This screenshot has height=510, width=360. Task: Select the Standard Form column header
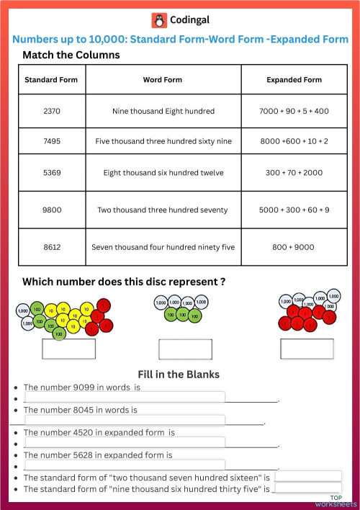click(x=51, y=80)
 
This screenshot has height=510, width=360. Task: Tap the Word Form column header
click(x=163, y=80)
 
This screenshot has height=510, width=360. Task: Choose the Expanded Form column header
click(x=294, y=80)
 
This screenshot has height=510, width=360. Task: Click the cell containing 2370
click(x=51, y=111)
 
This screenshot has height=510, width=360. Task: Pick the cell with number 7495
click(x=51, y=141)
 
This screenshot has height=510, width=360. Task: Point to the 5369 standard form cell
click(x=51, y=173)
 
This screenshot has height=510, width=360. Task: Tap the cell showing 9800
click(x=51, y=210)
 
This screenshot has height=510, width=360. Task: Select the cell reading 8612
click(x=51, y=247)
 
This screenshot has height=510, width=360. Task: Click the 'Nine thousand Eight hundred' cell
click(x=163, y=111)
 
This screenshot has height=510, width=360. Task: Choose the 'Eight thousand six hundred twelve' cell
click(x=163, y=173)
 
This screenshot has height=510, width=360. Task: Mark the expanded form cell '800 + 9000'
click(x=294, y=247)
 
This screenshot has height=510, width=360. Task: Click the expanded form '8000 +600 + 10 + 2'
click(x=294, y=141)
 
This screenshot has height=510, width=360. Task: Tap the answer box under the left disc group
click(x=68, y=349)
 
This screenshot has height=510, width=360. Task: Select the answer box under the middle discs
click(x=185, y=349)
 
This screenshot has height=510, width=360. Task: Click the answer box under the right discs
click(x=307, y=349)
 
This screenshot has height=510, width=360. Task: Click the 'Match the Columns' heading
click(x=71, y=55)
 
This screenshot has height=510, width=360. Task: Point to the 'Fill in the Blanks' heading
click(x=179, y=374)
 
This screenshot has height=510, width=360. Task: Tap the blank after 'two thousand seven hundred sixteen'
click(x=308, y=476)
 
